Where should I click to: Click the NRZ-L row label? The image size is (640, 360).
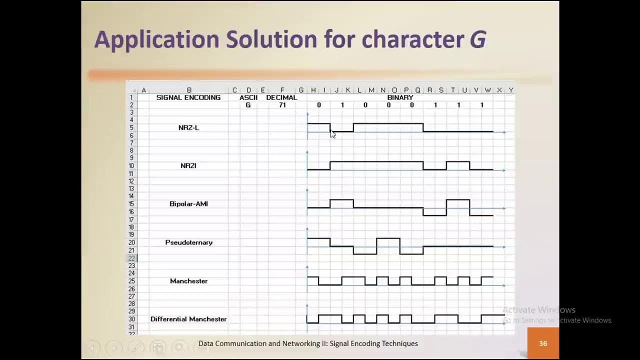click(x=188, y=127)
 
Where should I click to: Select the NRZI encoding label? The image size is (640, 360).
click(x=188, y=165)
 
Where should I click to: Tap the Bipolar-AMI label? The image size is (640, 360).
click(x=188, y=204)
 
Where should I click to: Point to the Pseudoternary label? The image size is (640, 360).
click(x=188, y=242)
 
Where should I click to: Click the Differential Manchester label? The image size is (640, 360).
click(x=188, y=319)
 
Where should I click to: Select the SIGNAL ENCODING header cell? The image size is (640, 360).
click(x=188, y=97)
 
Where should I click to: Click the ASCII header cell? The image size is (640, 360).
click(x=248, y=97)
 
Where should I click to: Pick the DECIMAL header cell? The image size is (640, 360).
click(x=281, y=97)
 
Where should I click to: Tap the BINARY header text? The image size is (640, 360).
click(x=400, y=97)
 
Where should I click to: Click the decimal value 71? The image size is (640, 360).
click(x=282, y=105)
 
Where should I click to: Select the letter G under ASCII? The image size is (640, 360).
click(x=248, y=105)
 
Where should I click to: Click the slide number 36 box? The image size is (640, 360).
click(x=543, y=343)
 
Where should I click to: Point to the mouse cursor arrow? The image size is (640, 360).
click(x=332, y=133)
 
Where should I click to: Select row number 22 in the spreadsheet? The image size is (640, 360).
click(x=131, y=258)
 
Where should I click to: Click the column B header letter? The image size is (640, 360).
click(x=189, y=90)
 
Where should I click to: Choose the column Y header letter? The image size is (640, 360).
click(x=510, y=90)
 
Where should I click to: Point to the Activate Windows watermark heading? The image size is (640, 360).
click(x=539, y=310)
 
